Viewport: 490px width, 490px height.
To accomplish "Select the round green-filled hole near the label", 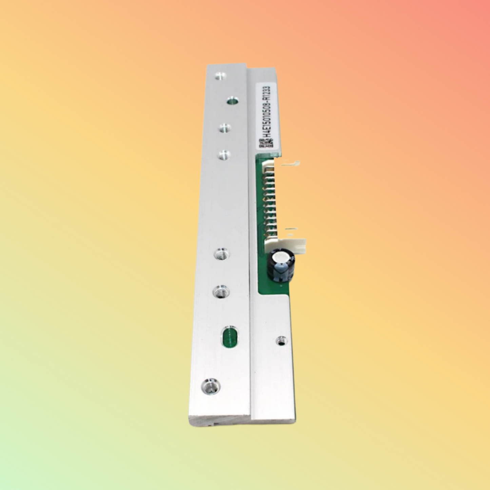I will tap(233, 101).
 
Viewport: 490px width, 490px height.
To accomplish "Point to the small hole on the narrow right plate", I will tap(281, 340).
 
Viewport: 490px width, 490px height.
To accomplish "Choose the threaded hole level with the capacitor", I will tap(222, 254).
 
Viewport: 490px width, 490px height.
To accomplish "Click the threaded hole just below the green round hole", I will tap(225, 129).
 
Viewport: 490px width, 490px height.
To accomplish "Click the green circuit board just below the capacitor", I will tap(271, 288).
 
